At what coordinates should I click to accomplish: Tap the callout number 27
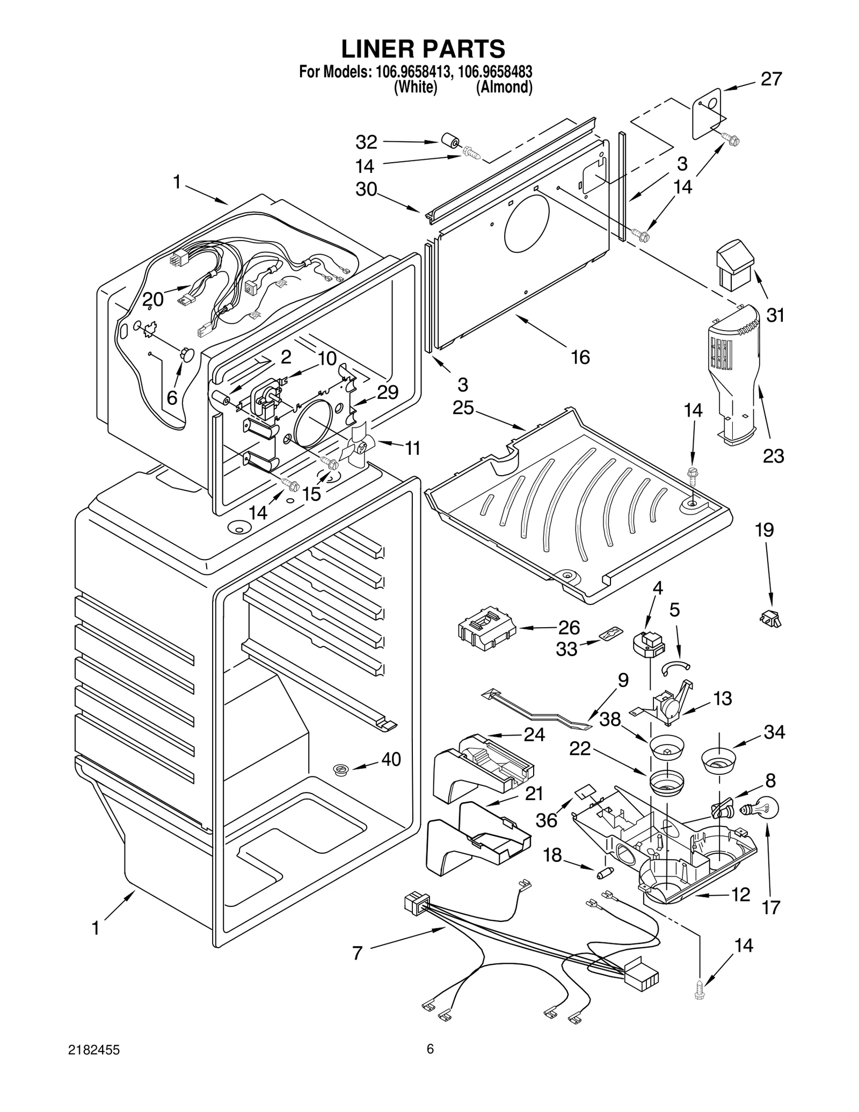pyautogui.click(x=771, y=79)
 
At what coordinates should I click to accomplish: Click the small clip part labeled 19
pyautogui.click(x=771, y=619)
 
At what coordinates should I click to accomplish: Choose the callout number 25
pyautogui.click(x=463, y=408)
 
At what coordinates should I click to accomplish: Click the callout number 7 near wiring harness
pyautogui.click(x=358, y=954)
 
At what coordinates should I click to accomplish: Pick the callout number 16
pyautogui.click(x=580, y=357)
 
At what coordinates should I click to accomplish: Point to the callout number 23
pyautogui.click(x=773, y=456)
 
